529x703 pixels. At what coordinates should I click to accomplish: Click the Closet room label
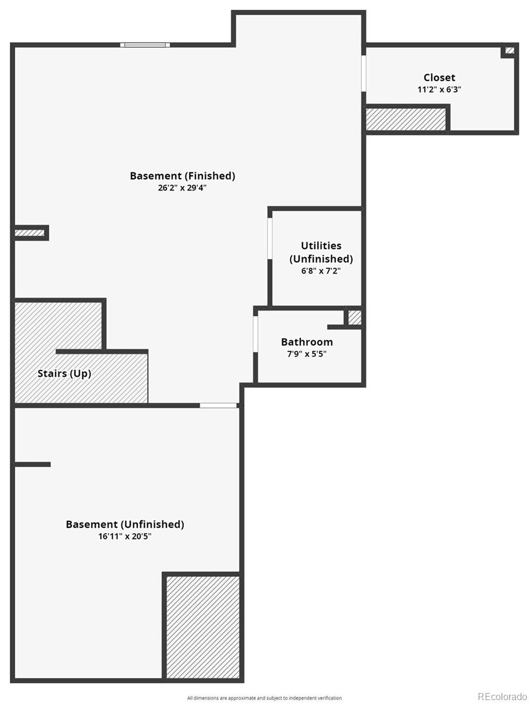439,77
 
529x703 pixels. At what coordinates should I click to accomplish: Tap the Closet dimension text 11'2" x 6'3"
439,90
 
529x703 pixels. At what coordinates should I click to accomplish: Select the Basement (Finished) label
182,176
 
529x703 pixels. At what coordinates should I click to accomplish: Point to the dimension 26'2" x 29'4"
182,187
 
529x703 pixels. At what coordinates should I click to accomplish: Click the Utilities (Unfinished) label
321,252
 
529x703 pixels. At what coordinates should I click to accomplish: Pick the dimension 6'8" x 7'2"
321,271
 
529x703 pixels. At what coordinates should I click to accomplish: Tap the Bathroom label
307,342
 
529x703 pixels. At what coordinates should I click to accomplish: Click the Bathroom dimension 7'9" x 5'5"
307,354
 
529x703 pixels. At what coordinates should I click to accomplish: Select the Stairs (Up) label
65,373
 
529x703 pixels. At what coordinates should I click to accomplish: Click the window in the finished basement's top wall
145,45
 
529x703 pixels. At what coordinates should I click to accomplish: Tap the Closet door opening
364,74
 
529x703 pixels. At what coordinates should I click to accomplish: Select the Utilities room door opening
270,238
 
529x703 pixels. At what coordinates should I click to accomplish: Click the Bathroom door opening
256,334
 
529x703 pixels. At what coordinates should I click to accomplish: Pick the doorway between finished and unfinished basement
218,405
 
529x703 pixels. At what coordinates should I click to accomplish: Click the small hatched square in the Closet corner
510,50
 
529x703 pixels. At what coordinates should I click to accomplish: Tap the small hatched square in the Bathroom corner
355,318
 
